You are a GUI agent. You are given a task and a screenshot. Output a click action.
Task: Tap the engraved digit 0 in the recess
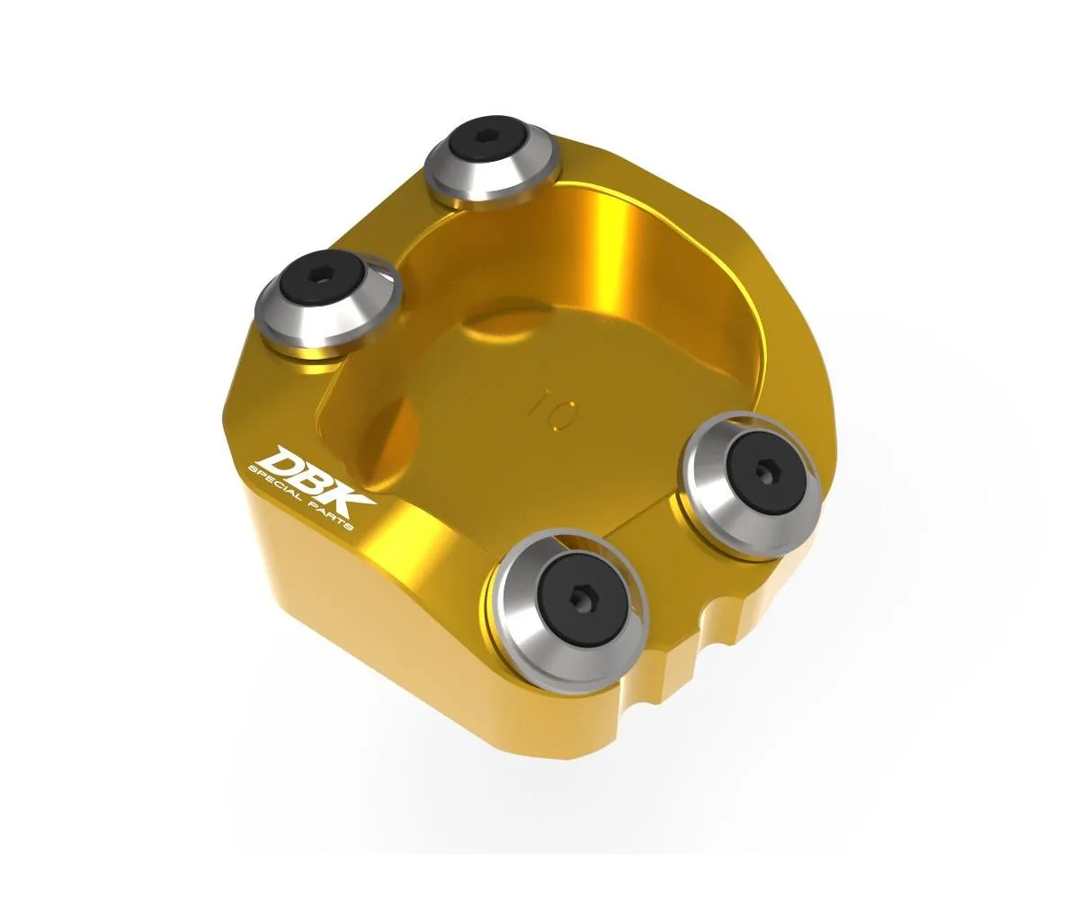pyautogui.click(x=566, y=415)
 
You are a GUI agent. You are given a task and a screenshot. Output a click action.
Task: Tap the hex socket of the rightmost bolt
pyautogui.click(x=765, y=471)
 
